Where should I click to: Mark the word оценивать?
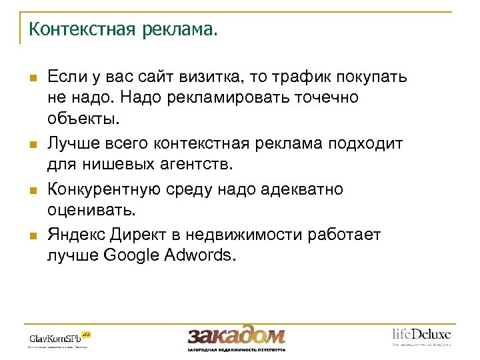(x=91, y=211)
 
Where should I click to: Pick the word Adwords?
(x=203, y=257)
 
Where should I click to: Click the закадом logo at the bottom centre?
(x=236, y=335)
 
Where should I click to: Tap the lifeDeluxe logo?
(x=421, y=335)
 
